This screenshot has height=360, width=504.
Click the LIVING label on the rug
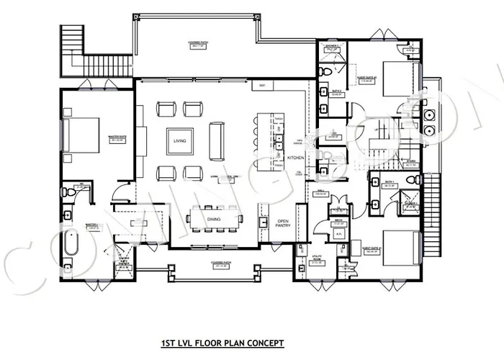point(180,142)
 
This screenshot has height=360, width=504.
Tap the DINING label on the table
point(213,219)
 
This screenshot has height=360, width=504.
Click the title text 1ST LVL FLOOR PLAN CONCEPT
point(223,343)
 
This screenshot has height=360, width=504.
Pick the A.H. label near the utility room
point(338,243)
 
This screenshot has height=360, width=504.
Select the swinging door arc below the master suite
point(125,192)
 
